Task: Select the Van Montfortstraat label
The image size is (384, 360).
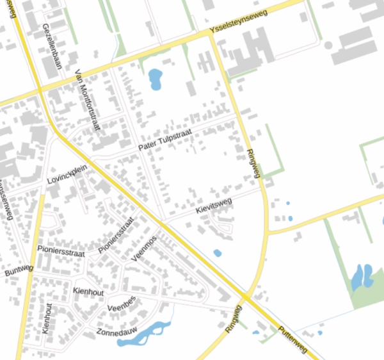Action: tap(88, 99)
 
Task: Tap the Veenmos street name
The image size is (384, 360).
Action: tap(143, 249)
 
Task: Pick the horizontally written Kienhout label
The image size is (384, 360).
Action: tap(88, 291)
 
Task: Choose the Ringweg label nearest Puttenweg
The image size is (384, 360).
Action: tap(234, 318)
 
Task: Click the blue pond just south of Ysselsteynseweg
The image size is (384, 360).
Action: tap(156, 79)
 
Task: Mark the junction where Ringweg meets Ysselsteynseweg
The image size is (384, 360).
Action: tap(212, 35)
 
